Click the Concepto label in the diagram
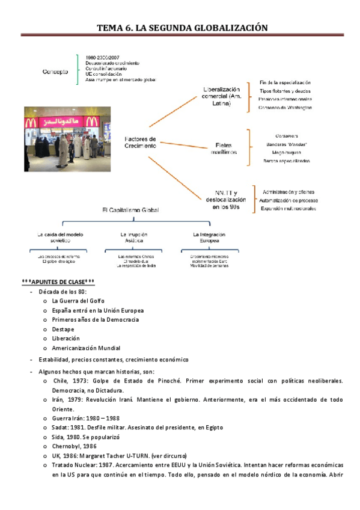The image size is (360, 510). [55, 72]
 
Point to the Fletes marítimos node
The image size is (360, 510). [225, 148]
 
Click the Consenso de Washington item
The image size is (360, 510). [285, 108]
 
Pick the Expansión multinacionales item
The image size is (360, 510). [288, 208]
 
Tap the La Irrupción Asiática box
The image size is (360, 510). [133, 237]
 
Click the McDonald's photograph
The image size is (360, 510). [67, 139]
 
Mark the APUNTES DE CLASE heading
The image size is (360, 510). [58, 281]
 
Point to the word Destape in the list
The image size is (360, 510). [63, 329]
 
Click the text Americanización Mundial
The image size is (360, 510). [86, 348]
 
